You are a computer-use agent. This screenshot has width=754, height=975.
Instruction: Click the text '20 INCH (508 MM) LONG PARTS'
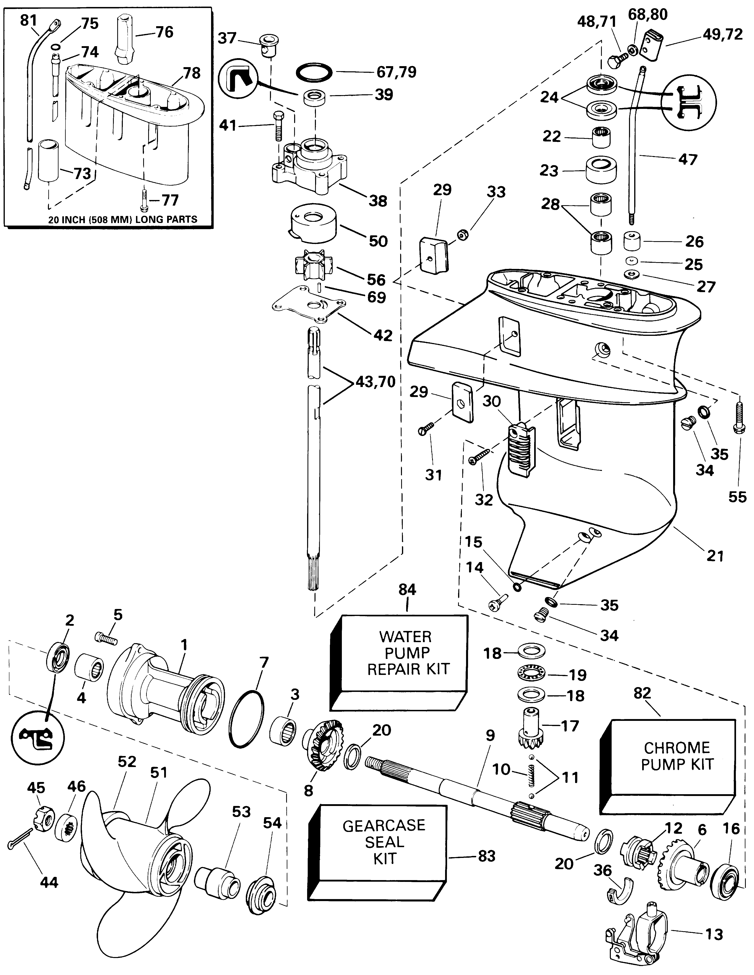click(x=122, y=219)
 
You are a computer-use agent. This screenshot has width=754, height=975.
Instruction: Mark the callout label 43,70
click(x=376, y=382)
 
